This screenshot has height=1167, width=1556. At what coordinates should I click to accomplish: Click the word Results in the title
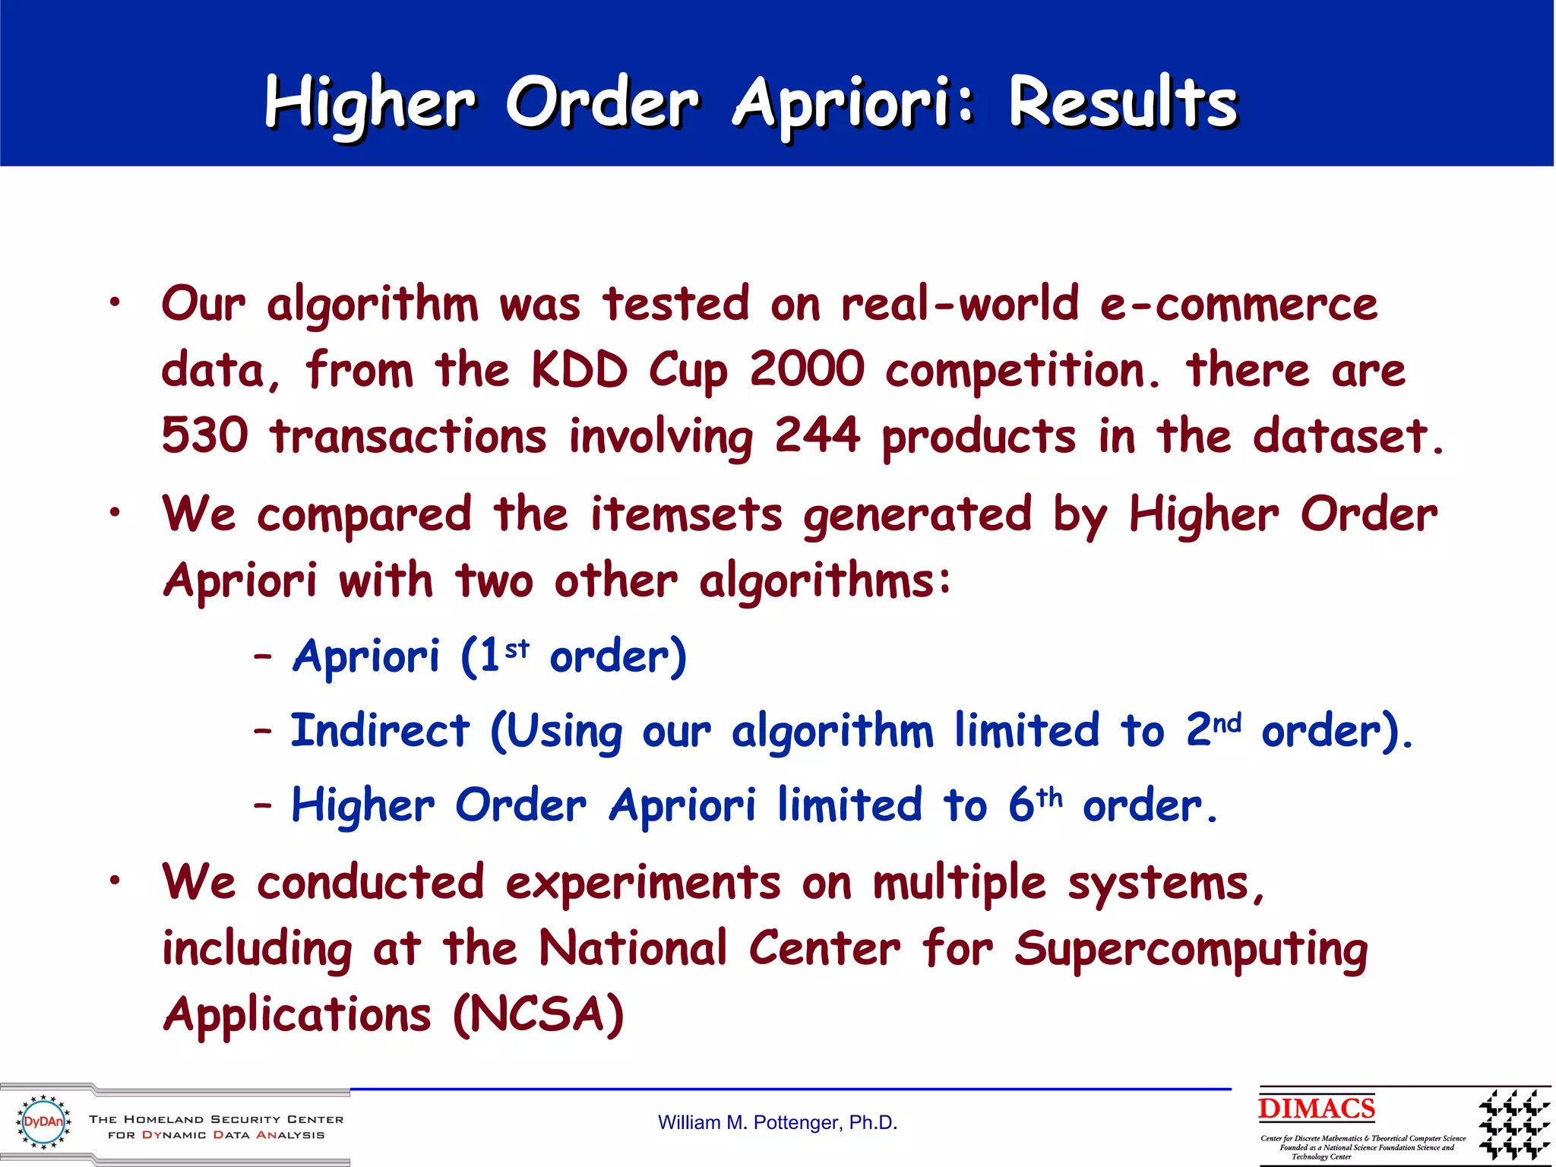[x=1123, y=104]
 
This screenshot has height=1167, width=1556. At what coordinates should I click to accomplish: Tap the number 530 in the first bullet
[x=205, y=436]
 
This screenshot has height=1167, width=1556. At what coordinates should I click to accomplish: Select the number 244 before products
[x=818, y=436]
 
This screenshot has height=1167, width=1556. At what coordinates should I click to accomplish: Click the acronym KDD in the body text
[x=579, y=370]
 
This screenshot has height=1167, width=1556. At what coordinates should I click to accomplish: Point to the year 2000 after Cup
[x=807, y=370]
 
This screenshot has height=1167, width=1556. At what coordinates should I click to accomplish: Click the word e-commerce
[x=1238, y=304]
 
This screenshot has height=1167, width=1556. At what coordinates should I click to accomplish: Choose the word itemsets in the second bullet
[x=686, y=514]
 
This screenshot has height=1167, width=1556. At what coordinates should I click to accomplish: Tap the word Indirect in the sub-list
[x=380, y=731]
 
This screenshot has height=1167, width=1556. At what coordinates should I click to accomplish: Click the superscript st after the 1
[x=517, y=647]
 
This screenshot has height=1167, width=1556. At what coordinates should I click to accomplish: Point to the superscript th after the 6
[x=1049, y=796]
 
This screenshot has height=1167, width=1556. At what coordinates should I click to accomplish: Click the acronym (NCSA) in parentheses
[x=538, y=1015]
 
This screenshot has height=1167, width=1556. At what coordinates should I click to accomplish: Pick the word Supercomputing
[x=1191, y=950]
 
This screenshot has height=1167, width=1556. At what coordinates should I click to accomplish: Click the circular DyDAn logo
[x=43, y=1121]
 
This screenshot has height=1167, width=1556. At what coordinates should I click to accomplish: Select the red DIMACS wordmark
[x=1316, y=1108]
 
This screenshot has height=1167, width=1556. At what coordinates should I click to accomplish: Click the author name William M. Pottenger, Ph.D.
[x=777, y=1123]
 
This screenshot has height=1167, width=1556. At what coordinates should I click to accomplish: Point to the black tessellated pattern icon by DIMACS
[x=1513, y=1124]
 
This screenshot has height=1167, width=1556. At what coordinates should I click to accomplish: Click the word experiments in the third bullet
[x=643, y=884]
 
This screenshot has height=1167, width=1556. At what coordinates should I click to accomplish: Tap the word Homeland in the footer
[x=163, y=1119]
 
